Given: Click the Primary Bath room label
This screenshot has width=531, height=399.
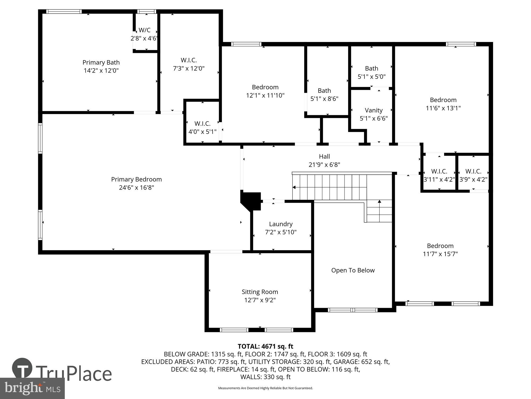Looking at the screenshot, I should click(101, 63).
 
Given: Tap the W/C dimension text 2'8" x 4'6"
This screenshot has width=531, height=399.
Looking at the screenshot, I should click(144, 38).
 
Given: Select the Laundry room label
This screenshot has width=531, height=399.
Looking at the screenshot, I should click(281, 224).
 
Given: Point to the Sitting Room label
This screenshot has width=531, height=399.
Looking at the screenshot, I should click(260, 292).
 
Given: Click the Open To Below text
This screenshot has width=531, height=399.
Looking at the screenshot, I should click(353, 270).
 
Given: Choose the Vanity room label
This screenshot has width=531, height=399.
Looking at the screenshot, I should click(374, 110).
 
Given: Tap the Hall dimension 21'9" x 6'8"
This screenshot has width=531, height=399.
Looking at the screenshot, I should click(324, 165).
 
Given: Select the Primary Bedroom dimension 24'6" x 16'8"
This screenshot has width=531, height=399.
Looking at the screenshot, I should click(136, 188).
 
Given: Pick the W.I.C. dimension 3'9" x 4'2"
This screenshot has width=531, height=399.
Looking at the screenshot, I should click(473, 180).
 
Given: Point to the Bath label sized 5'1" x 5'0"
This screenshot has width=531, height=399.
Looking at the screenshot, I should click(371, 68).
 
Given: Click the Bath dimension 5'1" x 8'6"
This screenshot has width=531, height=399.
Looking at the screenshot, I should click(324, 99).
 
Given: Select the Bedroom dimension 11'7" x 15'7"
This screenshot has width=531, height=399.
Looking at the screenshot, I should click(440, 254).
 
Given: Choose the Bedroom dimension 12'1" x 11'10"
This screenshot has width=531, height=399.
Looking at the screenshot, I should click(265, 95).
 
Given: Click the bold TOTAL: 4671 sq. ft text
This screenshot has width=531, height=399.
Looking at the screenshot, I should click(265, 346).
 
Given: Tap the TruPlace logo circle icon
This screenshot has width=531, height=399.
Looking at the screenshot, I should click(22, 368).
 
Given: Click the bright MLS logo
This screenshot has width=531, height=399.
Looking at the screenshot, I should click(32, 388).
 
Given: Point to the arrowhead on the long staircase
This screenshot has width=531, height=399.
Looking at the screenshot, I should click(294, 188).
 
